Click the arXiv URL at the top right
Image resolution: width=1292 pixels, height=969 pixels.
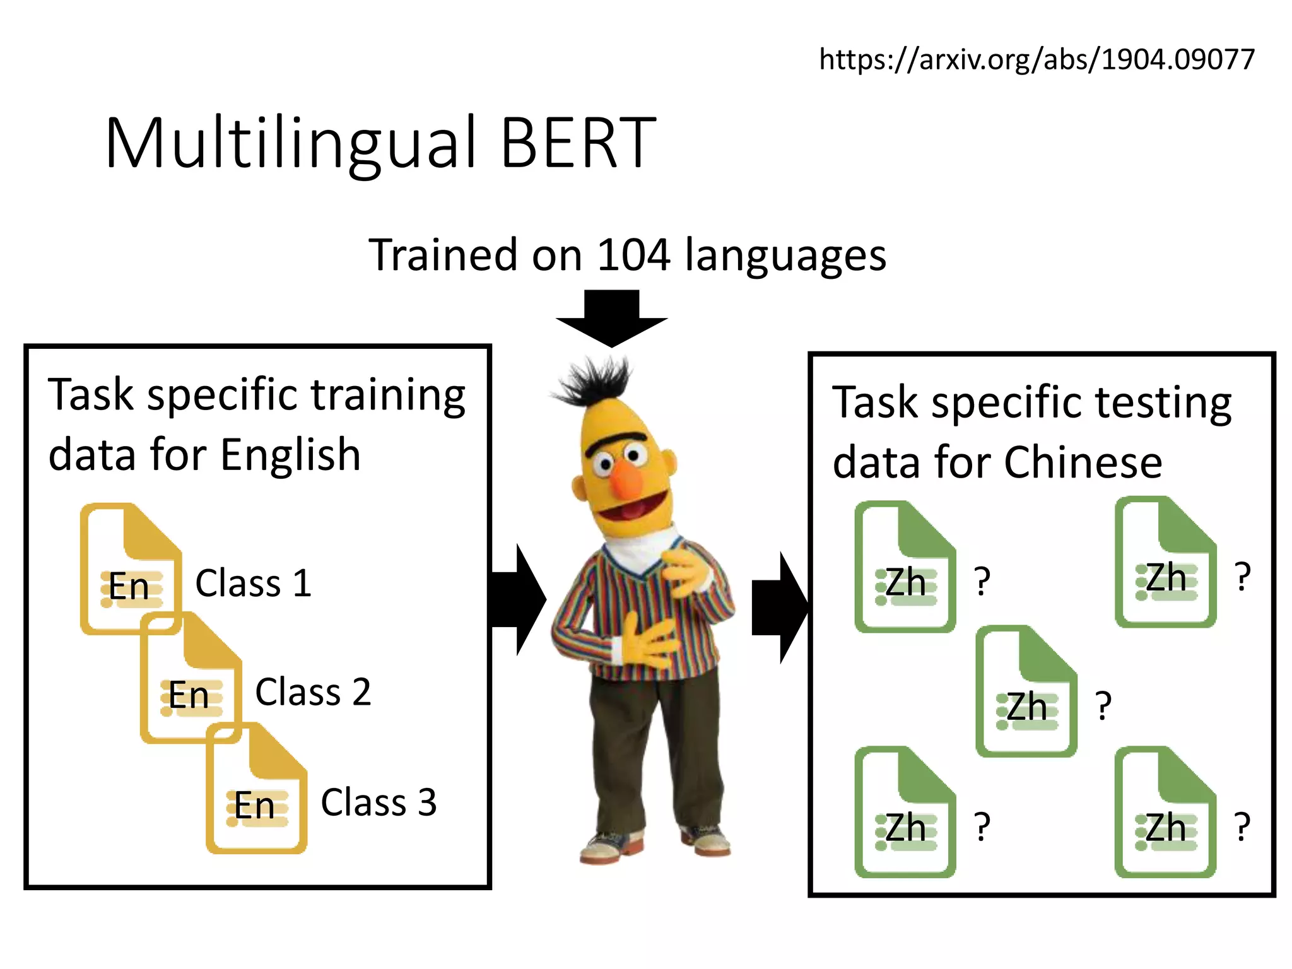(x=1037, y=59)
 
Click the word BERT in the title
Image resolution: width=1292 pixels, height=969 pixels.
(x=578, y=144)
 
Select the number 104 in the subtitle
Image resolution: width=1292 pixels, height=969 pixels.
(x=633, y=255)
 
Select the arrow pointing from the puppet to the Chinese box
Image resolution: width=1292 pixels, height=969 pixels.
(x=780, y=607)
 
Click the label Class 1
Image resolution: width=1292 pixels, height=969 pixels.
(x=254, y=583)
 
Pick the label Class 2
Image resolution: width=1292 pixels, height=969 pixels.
(x=313, y=692)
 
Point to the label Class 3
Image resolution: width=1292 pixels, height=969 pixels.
(x=379, y=802)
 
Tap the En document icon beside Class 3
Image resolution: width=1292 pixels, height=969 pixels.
(x=257, y=789)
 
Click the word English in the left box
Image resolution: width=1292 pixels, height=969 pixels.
(x=290, y=455)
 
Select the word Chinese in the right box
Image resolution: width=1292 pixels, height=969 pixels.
(x=1083, y=462)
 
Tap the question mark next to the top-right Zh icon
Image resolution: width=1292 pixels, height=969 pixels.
(x=1242, y=576)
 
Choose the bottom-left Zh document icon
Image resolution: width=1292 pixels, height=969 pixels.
(x=905, y=813)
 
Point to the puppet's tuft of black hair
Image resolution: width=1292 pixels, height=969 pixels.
(x=593, y=382)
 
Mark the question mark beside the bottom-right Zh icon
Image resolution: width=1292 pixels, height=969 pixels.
(x=1242, y=826)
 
